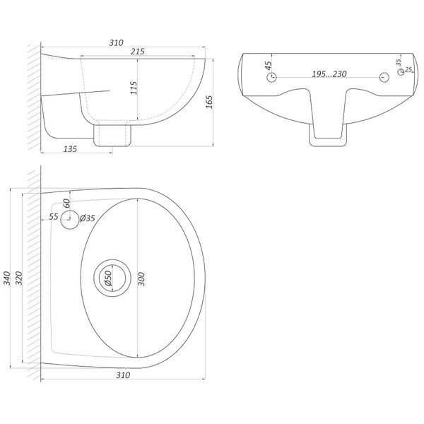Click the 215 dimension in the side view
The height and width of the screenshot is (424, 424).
(138, 52)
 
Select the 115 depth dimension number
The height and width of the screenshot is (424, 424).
(134, 88)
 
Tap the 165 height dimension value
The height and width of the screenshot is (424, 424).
(209, 102)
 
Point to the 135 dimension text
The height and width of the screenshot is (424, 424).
(70, 149)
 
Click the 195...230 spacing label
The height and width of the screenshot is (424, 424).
(329, 73)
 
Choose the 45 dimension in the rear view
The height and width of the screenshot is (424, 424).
(268, 66)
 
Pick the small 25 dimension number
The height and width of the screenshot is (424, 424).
(408, 69)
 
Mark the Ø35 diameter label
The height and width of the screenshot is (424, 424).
(88, 218)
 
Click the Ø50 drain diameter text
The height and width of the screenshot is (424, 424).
(108, 278)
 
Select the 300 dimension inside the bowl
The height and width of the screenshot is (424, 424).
(141, 279)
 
